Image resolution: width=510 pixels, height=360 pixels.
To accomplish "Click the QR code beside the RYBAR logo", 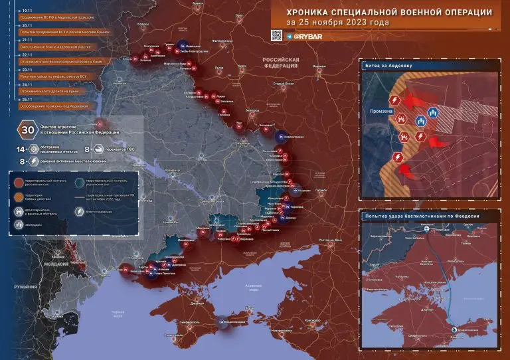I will (x=276, y=35).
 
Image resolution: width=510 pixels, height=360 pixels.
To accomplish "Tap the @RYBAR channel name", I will (x=308, y=36).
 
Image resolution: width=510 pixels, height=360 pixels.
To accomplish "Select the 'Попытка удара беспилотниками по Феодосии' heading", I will (x=421, y=216).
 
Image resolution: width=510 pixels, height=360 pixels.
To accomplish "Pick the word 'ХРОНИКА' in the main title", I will (x=309, y=11).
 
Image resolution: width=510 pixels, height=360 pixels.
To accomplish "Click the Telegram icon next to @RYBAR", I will (x=290, y=36).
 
